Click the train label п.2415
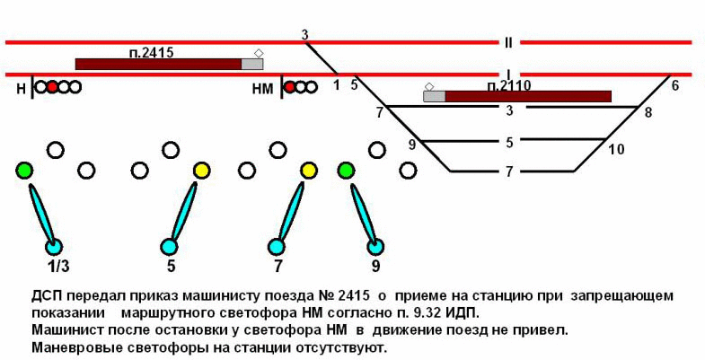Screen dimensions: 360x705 (152, 53)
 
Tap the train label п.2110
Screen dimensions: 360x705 (509, 85)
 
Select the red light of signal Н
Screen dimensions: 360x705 (52, 87)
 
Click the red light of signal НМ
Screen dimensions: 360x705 (291, 87)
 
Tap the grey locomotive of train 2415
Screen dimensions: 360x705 (252, 64)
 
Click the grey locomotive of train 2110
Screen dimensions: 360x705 (435, 96)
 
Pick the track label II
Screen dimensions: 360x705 (507, 42)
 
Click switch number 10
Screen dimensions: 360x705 (615, 149)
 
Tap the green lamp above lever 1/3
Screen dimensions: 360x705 (24, 170)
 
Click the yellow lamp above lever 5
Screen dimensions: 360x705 (202, 170)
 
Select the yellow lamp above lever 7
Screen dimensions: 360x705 (309, 170)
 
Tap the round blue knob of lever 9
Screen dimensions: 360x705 (376, 247)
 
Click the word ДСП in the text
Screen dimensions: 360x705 (46, 295)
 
